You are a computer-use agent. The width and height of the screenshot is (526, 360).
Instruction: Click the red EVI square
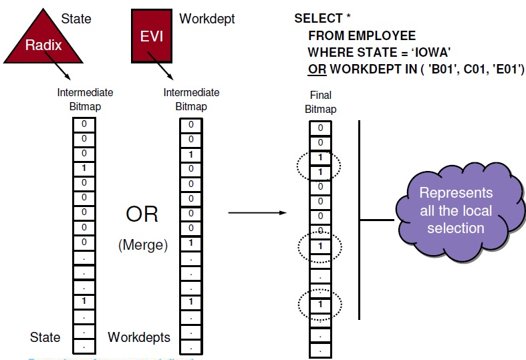151,37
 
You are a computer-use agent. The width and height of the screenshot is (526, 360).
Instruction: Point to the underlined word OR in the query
316,68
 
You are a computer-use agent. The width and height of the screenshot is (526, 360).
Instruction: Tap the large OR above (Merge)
142,214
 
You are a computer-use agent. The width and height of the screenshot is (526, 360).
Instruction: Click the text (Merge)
142,245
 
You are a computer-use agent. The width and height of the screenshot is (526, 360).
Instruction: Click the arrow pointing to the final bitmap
258,214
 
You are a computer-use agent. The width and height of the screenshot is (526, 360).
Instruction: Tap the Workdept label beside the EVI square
207,19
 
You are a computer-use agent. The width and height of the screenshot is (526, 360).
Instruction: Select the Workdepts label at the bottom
139,337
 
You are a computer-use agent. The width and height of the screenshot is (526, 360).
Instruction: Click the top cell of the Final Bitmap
320,128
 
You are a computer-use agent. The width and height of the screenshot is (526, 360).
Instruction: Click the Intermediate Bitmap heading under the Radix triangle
85,100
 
